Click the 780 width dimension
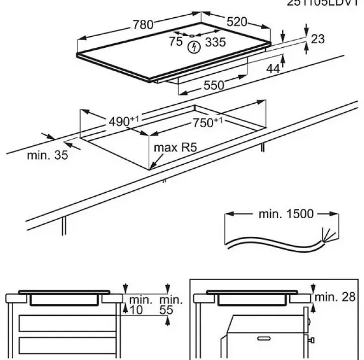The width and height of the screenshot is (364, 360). pyautogui.click(x=144, y=24)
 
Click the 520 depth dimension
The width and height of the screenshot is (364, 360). pyautogui.click(x=237, y=22)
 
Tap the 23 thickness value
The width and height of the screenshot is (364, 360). pyautogui.click(x=318, y=39)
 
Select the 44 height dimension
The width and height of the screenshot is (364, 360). pyautogui.click(x=273, y=69)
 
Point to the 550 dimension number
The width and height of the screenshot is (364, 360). pyautogui.click(x=213, y=85)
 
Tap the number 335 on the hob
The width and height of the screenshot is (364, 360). pyautogui.click(x=214, y=42)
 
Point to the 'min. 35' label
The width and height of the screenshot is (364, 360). pyautogui.click(x=47, y=156)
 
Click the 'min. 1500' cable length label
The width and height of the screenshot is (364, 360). pyautogui.click(x=286, y=214)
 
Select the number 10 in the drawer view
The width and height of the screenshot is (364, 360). pyautogui.click(x=134, y=309)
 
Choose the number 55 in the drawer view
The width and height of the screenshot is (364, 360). pyautogui.click(x=166, y=309)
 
